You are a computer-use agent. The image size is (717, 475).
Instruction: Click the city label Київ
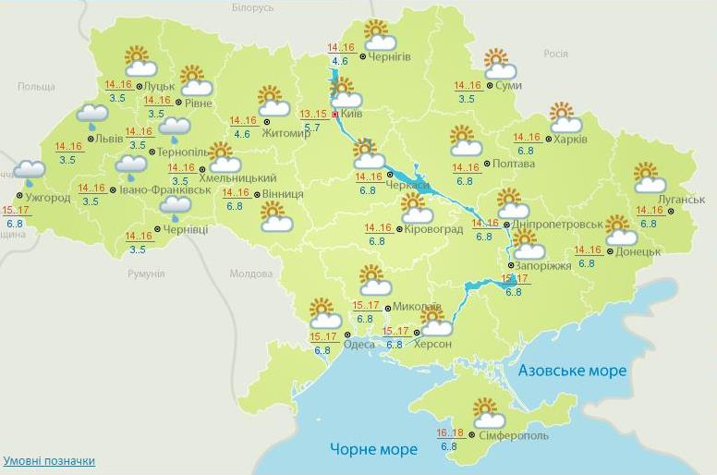point(352,114)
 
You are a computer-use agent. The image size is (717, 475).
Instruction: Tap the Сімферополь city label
point(515,435)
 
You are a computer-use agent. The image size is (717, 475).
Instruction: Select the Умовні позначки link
point(48,460)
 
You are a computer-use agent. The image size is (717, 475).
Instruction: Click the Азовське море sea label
point(572,371)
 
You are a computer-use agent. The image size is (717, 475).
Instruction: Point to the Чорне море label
point(373,449)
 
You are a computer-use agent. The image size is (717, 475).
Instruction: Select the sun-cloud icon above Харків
point(565,118)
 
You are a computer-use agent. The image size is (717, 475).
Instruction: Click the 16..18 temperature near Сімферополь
point(450,432)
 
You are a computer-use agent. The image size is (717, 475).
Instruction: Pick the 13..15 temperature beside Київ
point(314,114)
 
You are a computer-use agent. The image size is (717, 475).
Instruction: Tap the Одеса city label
point(359,345)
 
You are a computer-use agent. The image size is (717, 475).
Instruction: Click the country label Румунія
point(146,274)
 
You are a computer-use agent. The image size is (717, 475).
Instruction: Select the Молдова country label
point(251,274)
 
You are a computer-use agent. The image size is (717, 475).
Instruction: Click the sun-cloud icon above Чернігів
point(379,36)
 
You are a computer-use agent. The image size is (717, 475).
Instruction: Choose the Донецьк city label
point(638,251)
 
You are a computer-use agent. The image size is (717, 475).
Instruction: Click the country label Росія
point(555,54)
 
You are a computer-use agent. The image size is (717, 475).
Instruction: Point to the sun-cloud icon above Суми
point(499,65)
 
